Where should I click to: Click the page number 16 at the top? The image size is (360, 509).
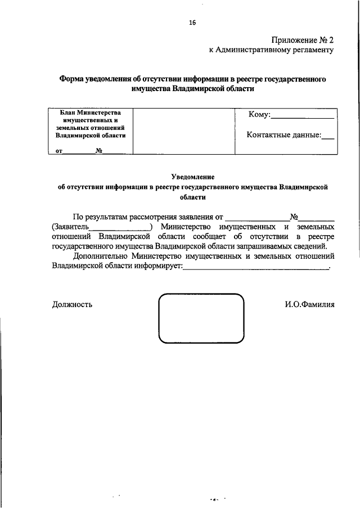coord(192,22)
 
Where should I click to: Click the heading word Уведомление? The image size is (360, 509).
coord(193,177)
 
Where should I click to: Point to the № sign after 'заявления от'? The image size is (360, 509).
coord(293,216)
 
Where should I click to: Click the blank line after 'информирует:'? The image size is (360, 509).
coord(256,268)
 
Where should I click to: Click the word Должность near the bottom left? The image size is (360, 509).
coord(72,304)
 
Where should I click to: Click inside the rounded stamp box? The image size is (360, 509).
coord(201,318)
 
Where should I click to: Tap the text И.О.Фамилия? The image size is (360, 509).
coord(309,304)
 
